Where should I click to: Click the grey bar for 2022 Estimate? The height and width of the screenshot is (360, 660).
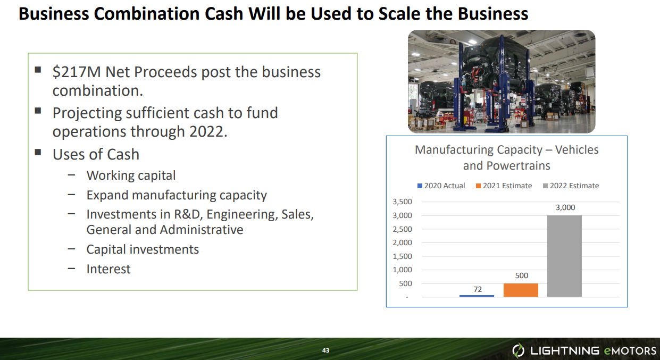click(564, 256)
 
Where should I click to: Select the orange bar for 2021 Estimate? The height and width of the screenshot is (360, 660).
click(521, 290)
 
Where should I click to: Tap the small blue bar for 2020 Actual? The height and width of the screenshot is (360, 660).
click(477, 296)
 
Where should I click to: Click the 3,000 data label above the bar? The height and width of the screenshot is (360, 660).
click(565, 207)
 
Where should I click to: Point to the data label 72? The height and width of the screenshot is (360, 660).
click(477, 289)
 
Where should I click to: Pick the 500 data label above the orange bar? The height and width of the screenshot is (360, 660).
click(521, 276)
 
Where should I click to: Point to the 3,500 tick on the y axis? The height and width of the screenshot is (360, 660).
click(402, 202)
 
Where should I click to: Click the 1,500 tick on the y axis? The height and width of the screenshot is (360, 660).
click(402, 256)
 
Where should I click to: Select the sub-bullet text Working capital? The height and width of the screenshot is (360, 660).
click(131, 175)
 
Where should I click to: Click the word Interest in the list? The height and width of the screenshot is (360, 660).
click(108, 269)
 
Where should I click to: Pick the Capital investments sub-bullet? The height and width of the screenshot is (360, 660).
click(143, 249)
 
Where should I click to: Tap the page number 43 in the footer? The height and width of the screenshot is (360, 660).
click(325, 350)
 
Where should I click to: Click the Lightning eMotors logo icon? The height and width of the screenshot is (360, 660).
click(518, 350)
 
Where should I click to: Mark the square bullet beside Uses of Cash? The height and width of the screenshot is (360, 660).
click(38, 153)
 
